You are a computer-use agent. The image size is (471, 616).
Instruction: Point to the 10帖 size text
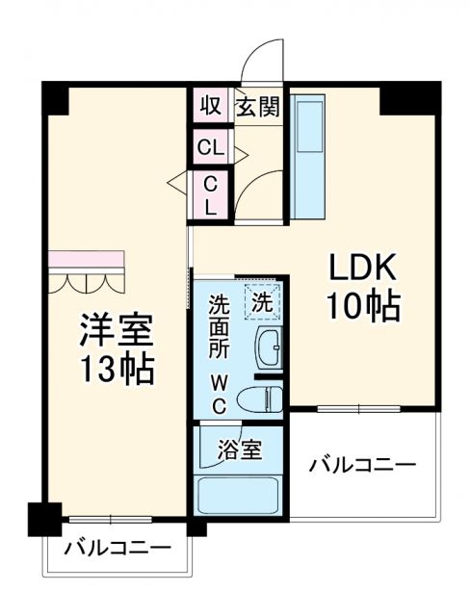tap(362, 306)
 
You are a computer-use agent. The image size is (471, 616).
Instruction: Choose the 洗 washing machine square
tap(263, 299)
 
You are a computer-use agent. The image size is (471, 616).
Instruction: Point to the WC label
tap(220, 394)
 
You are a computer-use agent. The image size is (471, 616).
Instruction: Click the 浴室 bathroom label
tap(238, 449)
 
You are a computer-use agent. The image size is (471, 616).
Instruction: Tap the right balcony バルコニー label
tap(362, 466)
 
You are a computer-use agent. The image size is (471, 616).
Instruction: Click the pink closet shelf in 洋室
tap(87, 260)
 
